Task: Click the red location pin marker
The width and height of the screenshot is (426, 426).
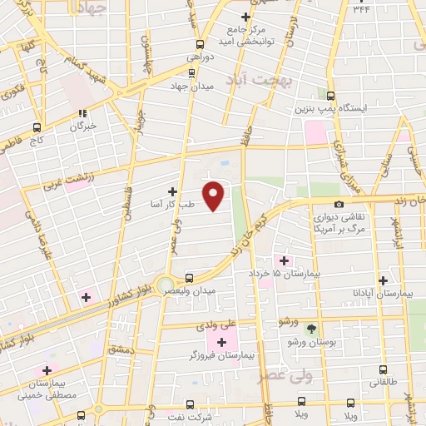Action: pyautogui.click(x=214, y=196)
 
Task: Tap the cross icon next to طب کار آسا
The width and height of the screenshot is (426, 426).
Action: pyautogui.click(x=173, y=191)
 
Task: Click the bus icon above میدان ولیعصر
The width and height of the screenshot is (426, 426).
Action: pyautogui.click(x=190, y=278)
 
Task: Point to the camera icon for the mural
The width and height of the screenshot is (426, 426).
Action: pyautogui.click(x=339, y=205)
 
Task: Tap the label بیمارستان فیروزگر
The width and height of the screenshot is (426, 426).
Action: pyautogui.click(x=221, y=355)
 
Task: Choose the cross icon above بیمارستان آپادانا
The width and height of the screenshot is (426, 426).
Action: pyautogui.click(x=382, y=281)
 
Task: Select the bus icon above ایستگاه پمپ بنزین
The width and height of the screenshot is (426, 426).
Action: pyautogui.click(x=331, y=96)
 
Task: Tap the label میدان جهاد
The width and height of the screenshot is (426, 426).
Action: pyautogui.click(x=192, y=86)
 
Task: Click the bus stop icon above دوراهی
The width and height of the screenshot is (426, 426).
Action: pyautogui.click(x=198, y=44)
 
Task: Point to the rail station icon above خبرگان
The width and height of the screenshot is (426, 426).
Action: pyautogui.click(x=82, y=114)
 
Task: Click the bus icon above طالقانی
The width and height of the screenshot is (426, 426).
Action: pyautogui.click(x=383, y=369)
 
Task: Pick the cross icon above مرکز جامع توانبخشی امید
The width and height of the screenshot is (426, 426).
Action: pyautogui.click(x=245, y=17)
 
